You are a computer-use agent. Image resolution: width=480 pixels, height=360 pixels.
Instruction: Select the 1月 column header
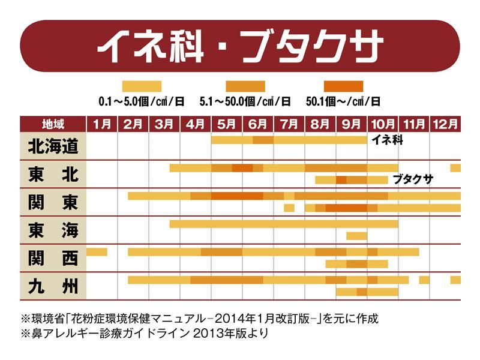coord(102,124)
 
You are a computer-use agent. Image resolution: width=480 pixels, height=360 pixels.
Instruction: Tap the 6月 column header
coord(258,124)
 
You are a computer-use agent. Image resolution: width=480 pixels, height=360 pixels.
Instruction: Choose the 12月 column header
coord(445,124)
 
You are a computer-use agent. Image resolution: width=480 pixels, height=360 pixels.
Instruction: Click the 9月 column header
coord(352,124)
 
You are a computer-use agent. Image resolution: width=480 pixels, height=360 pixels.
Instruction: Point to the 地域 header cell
coord(53,124)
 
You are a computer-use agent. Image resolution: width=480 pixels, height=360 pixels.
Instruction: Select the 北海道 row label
coord(53,146)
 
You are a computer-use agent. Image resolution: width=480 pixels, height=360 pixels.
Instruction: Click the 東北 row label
coord(53,174)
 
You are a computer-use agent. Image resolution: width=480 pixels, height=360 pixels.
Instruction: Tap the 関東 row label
coord(53,202)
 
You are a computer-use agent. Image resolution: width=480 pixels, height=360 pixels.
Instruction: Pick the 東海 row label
coord(53,229)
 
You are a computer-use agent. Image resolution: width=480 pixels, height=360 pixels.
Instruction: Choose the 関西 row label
coord(53,257)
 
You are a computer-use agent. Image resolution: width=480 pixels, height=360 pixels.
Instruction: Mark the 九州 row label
coord(53,285)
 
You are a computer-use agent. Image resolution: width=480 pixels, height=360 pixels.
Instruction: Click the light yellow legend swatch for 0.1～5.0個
coord(142,86)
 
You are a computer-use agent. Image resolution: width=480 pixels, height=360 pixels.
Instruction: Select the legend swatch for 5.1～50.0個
coord(245,86)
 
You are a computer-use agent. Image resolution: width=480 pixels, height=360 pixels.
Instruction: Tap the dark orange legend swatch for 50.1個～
coord(343,86)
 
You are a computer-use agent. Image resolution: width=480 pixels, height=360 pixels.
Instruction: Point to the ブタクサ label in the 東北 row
coord(413,179)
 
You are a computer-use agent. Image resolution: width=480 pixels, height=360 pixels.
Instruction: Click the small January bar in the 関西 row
coord(97,251)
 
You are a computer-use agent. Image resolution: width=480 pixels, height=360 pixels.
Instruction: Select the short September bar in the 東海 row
coord(356,236)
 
